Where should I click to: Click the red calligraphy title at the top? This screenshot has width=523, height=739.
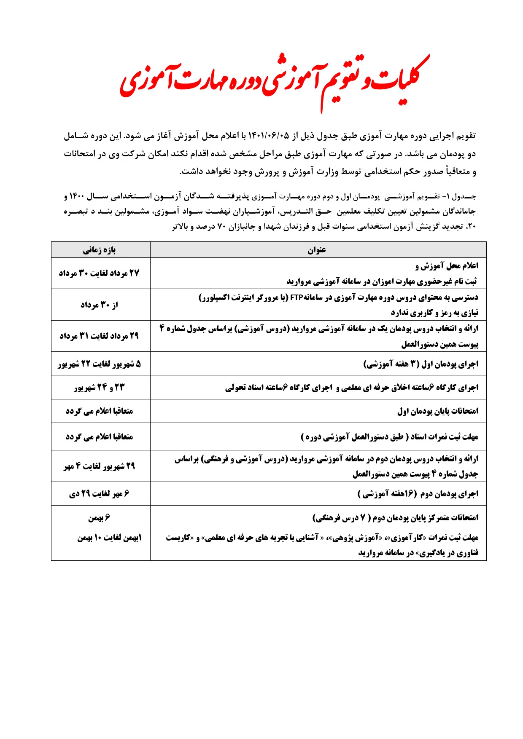[x=274, y=80]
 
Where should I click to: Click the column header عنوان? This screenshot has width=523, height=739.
[x=317, y=250]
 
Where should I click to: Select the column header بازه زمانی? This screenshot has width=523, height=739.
[x=100, y=250]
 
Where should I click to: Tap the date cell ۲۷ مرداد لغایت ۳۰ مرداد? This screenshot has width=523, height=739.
[x=100, y=273]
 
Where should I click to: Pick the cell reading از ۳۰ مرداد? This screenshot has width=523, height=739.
[x=100, y=305]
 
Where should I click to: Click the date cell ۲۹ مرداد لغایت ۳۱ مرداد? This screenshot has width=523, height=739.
[x=100, y=336]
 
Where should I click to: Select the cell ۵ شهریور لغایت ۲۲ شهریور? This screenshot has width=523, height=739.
[x=100, y=364]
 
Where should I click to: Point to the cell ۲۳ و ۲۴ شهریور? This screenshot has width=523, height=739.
[x=100, y=388]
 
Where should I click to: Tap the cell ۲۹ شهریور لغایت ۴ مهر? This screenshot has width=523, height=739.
[x=100, y=466]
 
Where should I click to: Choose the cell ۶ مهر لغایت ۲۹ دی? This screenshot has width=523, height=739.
[x=100, y=494]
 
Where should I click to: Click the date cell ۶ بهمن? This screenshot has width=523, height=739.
[x=100, y=518]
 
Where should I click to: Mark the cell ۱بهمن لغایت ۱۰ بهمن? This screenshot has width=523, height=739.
[x=109, y=538]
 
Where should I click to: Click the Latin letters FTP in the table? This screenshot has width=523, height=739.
[x=297, y=298]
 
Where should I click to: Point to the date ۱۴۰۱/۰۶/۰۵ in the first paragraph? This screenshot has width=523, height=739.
[x=269, y=136]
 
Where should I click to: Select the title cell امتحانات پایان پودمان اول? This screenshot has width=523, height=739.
[x=438, y=411]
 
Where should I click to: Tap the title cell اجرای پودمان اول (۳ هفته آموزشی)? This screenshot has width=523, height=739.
[x=421, y=364]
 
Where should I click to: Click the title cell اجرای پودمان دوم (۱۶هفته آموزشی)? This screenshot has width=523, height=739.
[x=418, y=494]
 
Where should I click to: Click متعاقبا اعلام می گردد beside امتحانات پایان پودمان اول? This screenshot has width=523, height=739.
[x=100, y=411]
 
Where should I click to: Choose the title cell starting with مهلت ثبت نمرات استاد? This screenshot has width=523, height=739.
[x=390, y=437]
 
